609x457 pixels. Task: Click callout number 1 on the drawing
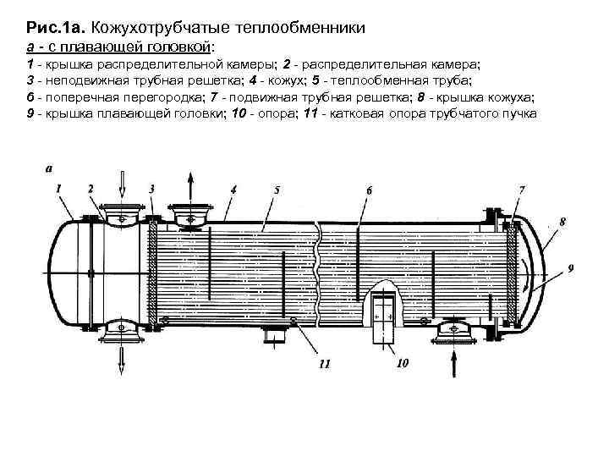point(59,188)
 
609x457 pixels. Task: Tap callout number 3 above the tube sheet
point(151,188)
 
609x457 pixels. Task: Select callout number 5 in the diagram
point(277,190)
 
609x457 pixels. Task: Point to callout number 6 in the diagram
point(369,190)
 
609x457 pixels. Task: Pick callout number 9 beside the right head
point(572,268)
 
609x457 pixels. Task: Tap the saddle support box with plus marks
point(383,315)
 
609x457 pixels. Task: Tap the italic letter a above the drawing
point(48,169)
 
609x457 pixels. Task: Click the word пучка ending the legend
point(518,113)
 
